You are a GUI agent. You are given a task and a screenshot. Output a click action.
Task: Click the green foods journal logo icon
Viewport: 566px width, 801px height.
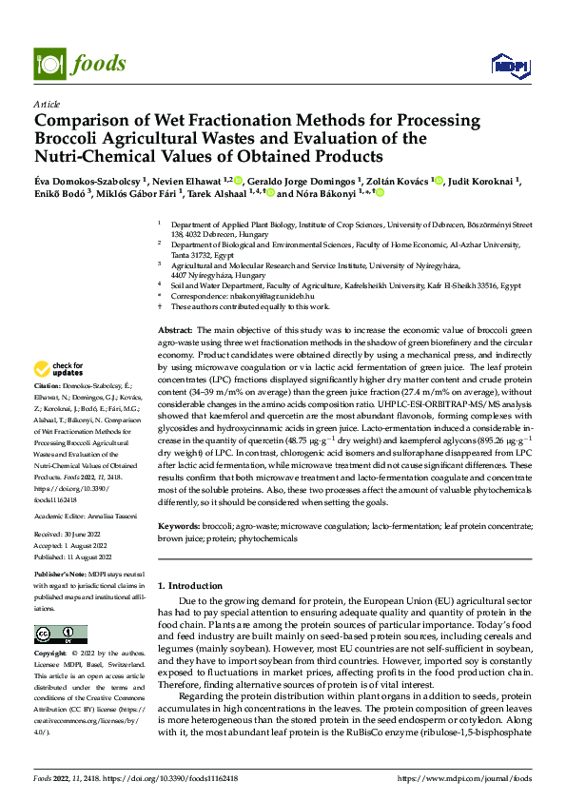pos(48,63)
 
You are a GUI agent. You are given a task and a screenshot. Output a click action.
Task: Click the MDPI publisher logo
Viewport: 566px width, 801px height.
pos(510,65)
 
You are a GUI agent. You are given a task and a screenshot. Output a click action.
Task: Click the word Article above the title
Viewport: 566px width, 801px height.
pos(47,104)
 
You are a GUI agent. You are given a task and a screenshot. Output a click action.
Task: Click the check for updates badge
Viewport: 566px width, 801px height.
pos(59,369)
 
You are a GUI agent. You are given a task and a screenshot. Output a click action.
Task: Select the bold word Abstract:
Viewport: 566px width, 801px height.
pos(176,328)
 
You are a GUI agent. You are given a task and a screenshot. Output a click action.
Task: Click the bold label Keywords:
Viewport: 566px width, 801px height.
pos(181,525)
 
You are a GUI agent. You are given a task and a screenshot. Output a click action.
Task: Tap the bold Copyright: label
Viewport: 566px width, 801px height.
pos(51,654)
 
